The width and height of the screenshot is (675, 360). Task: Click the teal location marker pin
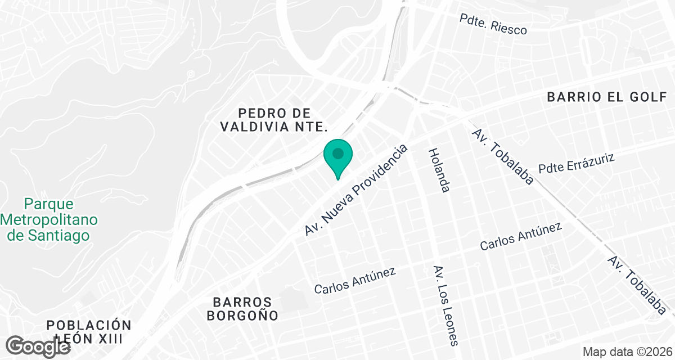[x=337, y=155]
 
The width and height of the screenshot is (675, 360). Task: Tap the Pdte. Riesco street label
[x=493, y=25]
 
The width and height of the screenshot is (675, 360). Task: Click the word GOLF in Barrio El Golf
[x=646, y=97]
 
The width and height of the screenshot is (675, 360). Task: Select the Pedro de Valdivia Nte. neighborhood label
[x=274, y=120]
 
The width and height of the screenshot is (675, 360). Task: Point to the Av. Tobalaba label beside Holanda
[x=503, y=157]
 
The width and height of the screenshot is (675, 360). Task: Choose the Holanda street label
[x=439, y=170]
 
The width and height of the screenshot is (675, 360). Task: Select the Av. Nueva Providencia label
[x=355, y=190]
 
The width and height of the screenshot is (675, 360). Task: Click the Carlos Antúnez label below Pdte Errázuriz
[x=521, y=237]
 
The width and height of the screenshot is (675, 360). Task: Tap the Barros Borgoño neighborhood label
[x=242, y=309]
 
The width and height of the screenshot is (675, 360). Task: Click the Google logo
[x=38, y=345]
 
